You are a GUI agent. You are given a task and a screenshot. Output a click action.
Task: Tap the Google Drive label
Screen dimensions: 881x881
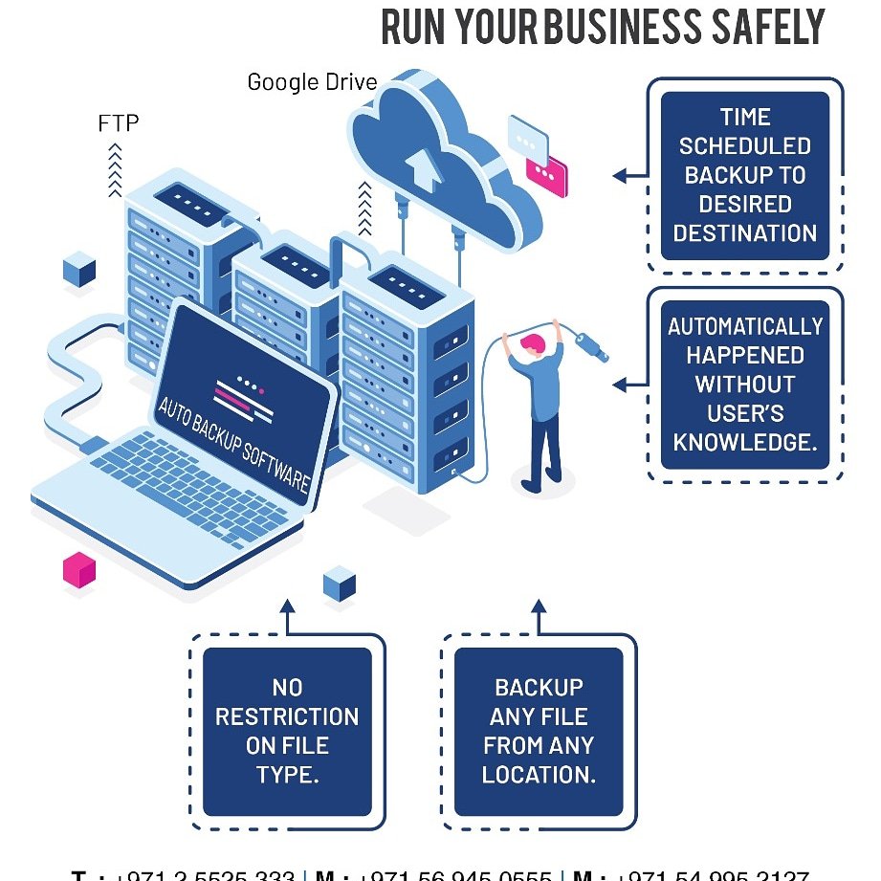312,81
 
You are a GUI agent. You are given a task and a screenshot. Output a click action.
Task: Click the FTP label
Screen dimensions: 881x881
119,123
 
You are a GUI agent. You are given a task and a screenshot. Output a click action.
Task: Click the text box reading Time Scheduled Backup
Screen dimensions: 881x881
745,175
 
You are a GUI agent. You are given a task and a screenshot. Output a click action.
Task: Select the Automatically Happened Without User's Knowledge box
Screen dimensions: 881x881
745,384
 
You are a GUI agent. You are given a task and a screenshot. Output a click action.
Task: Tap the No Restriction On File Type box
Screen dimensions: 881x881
287,731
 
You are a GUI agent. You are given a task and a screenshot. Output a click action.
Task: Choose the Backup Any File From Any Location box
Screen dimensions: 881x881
539,731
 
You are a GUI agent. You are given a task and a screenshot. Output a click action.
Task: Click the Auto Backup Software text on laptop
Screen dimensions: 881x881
233,446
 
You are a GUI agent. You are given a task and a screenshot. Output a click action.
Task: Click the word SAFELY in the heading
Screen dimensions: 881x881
773,27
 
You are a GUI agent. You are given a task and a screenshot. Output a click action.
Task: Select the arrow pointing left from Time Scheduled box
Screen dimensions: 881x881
628,176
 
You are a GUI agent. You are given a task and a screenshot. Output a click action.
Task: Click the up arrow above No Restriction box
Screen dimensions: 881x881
287,612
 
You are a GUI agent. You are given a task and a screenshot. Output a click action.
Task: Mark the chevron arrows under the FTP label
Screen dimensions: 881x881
116,169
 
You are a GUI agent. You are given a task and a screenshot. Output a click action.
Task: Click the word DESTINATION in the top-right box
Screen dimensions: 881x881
745,233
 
